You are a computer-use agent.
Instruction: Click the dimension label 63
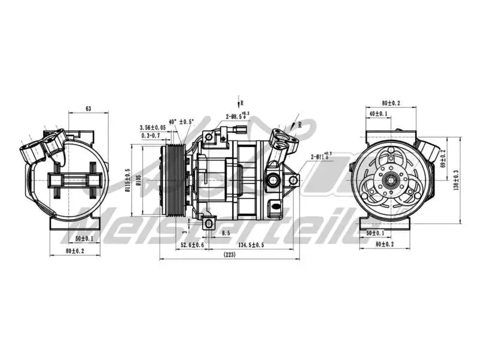(88, 109)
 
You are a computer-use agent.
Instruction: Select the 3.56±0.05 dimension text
(152, 127)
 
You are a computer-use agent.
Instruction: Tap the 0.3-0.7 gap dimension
(150, 136)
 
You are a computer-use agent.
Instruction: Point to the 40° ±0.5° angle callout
(182, 121)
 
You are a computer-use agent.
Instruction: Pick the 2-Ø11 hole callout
(321, 157)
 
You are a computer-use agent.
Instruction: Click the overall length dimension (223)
(229, 254)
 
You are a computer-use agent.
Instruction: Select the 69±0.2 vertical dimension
(443, 159)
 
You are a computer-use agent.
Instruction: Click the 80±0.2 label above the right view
(390, 103)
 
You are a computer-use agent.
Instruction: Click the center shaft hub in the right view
(391, 178)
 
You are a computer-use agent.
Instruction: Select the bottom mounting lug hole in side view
(208, 224)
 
